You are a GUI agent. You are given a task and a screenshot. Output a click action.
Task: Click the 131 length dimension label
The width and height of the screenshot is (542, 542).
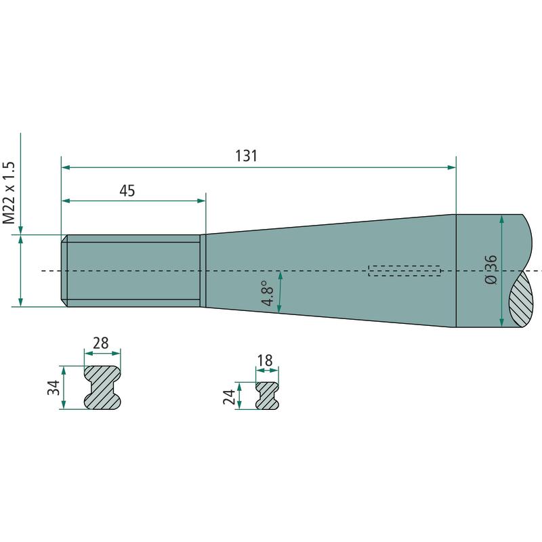(247, 156)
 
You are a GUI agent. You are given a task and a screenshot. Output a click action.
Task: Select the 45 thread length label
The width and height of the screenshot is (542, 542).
(127, 191)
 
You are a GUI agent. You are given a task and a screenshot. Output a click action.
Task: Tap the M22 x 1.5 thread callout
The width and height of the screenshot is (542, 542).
(9, 193)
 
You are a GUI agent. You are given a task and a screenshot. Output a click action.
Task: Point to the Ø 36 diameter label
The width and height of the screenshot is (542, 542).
(491, 270)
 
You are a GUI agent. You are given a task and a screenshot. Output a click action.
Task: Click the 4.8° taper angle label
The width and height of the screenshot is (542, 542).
(268, 293)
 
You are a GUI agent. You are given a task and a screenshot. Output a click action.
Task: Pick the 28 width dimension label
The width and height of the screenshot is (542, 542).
(101, 343)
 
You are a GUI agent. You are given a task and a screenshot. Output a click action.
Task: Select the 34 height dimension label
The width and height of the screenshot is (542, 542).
(54, 388)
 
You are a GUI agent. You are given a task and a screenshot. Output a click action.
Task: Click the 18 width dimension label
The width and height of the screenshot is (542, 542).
(265, 360)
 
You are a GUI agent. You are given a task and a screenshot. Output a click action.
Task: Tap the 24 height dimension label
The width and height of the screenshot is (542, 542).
(229, 397)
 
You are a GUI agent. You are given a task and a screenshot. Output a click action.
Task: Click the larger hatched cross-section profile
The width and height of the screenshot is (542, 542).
(102, 388)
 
